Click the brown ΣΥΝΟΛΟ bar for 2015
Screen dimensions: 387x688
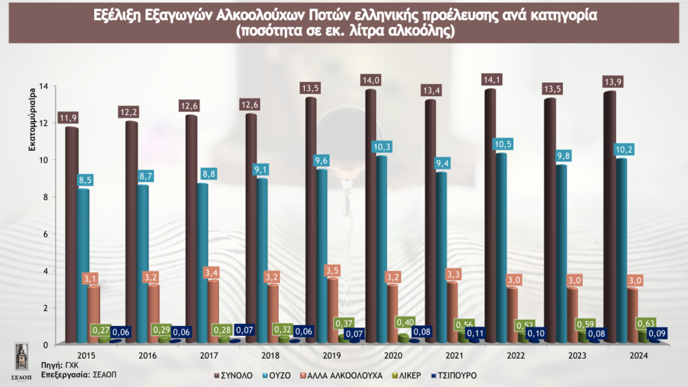click(72, 235)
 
